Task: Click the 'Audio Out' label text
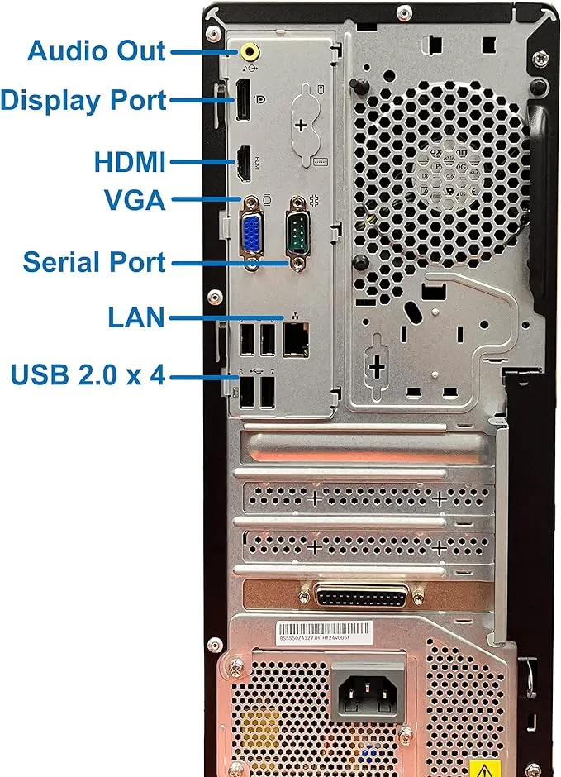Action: [x=97, y=50]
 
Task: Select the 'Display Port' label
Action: [x=83, y=101]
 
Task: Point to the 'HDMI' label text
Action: [x=130, y=160]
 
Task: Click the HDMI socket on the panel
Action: [x=245, y=163]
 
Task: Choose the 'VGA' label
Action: [x=135, y=199]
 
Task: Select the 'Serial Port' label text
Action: [x=94, y=262]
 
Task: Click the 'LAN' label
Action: [x=136, y=317]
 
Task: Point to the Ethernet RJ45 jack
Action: [x=296, y=340]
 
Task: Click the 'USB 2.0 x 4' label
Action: [x=88, y=375]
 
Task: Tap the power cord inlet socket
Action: [x=368, y=690]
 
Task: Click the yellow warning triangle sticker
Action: [x=485, y=769]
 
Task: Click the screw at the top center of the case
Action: [x=402, y=12]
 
